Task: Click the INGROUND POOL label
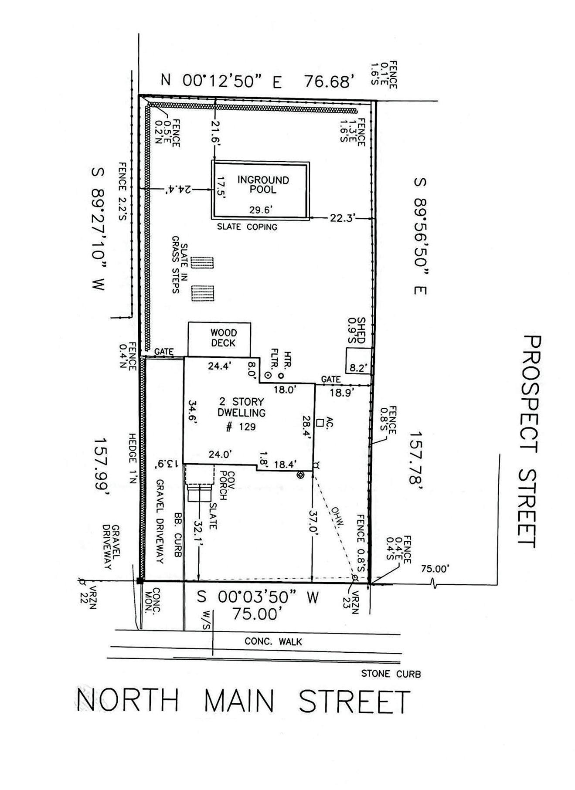point(263,185)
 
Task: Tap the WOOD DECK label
point(223,339)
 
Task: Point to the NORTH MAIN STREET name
point(243,701)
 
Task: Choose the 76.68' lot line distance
point(327,81)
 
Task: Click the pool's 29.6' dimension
point(261,210)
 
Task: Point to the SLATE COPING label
point(247,227)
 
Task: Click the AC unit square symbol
point(320,422)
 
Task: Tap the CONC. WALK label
point(273,641)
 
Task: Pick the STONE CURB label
point(391,674)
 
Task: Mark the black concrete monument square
point(139,581)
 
